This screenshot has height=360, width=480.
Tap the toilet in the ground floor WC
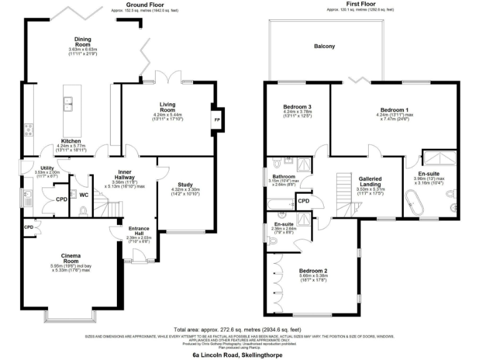[x=84, y=211]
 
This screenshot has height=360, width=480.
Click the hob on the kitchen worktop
[x=28, y=130]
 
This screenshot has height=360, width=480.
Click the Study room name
[x=184, y=185]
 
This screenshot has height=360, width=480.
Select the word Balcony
[x=324, y=46]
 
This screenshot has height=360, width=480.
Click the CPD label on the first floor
[x=304, y=201]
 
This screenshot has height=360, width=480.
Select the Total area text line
[x=240, y=329]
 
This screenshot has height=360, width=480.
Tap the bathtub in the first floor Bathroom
[x=280, y=204]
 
